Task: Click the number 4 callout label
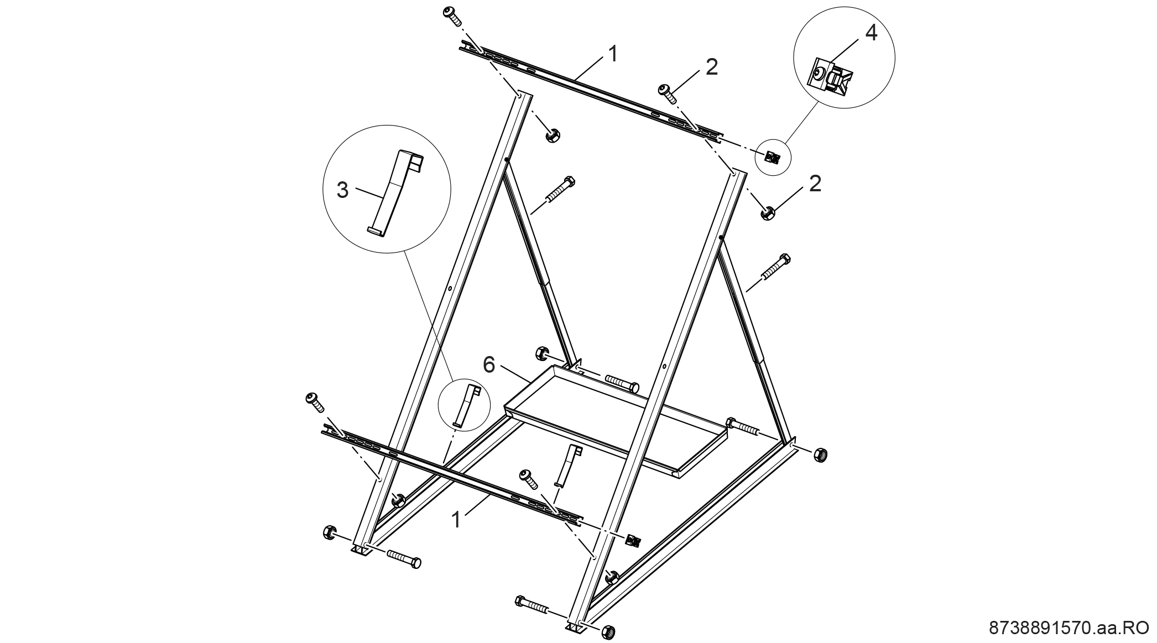click(x=871, y=33)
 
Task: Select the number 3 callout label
click(x=343, y=190)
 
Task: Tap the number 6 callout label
click(x=489, y=364)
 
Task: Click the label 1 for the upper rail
click(x=612, y=54)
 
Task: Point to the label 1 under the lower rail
click(x=456, y=520)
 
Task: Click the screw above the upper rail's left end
click(x=453, y=17)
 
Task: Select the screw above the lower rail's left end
click(x=315, y=402)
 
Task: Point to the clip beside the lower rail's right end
click(x=633, y=540)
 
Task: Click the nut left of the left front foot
click(x=329, y=532)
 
